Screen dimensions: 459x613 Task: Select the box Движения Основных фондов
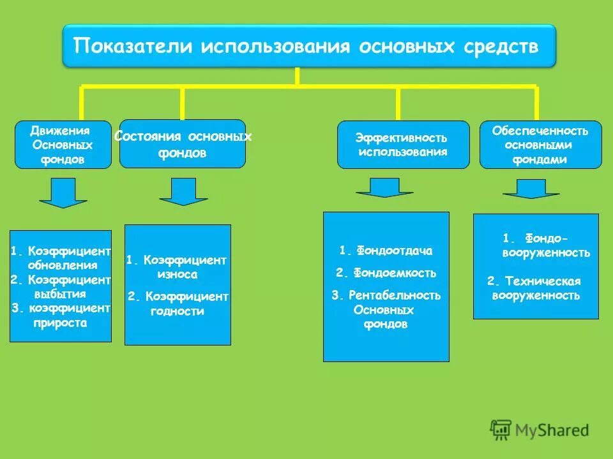click(x=63, y=145)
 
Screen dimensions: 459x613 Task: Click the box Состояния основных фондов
click(x=182, y=144)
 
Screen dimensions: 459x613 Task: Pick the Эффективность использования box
click(x=402, y=145)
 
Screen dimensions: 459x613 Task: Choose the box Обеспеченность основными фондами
click(x=540, y=145)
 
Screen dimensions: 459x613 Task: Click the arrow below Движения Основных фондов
click(x=63, y=193)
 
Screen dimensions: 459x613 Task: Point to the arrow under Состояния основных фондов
click(x=183, y=191)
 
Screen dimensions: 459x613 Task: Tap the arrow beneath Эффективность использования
click(x=384, y=187)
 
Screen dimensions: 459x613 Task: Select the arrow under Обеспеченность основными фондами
click(x=531, y=189)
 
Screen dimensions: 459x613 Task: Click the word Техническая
click(x=543, y=281)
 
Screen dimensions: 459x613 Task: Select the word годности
click(x=178, y=312)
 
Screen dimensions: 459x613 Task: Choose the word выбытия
click(x=59, y=294)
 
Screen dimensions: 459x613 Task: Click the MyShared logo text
click(x=553, y=430)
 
